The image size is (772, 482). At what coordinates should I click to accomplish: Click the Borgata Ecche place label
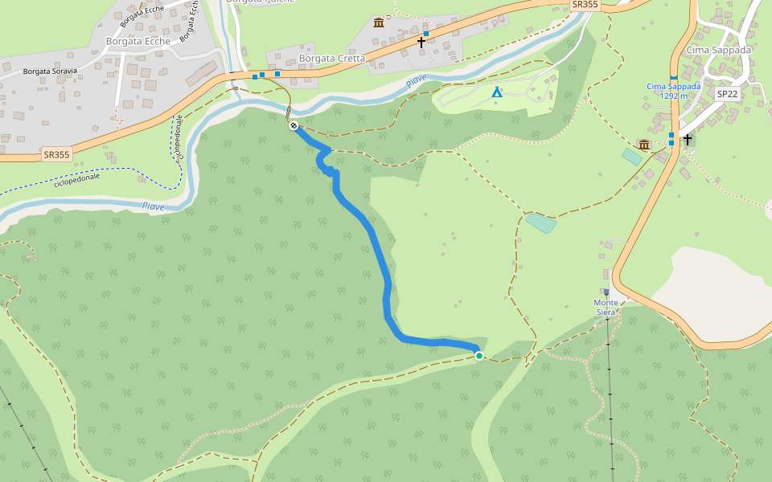[138, 41]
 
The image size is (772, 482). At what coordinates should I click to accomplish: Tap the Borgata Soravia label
[50, 71]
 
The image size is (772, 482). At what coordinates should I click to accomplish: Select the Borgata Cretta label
[331, 59]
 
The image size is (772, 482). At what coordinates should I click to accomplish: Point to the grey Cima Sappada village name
[718, 50]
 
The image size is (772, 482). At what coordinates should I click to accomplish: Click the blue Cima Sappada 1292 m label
[673, 91]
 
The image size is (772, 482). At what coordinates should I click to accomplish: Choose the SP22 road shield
[727, 93]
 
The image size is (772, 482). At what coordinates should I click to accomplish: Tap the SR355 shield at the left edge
[57, 153]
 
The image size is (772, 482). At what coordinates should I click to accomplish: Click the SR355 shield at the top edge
[585, 5]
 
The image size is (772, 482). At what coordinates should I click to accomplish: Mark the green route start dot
[479, 356]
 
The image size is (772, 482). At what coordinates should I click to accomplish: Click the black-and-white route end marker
[294, 125]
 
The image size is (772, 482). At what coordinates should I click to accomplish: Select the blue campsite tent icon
[497, 92]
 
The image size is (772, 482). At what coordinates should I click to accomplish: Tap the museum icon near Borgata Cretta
[379, 22]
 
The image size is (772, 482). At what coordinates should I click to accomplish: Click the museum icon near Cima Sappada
[643, 144]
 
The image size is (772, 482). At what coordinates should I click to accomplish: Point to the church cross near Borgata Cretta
[421, 41]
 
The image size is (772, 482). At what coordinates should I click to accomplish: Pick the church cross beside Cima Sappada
[688, 140]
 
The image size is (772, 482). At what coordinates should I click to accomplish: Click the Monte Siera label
[606, 308]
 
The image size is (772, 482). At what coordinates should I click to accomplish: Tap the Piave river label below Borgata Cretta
[416, 80]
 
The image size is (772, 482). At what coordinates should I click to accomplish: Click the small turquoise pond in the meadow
[540, 223]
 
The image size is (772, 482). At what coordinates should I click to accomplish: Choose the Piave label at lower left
[153, 206]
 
